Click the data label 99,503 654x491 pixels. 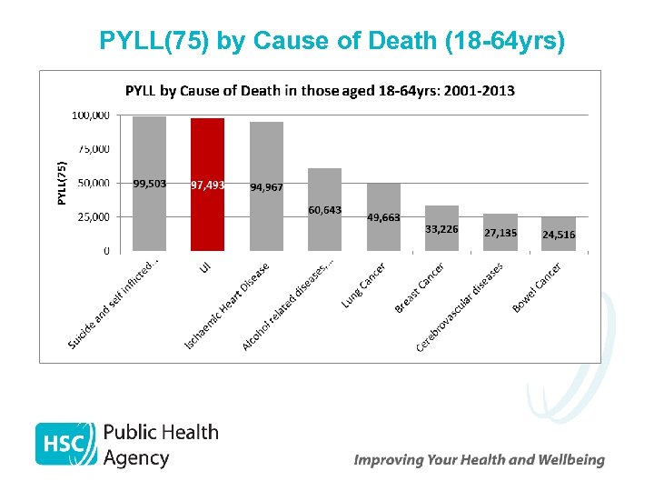click(x=150, y=184)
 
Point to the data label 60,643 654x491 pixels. click(x=325, y=210)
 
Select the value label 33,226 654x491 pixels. click(x=441, y=229)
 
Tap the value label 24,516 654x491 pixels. click(x=559, y=235)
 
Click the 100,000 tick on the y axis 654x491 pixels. click(x=91, y=115)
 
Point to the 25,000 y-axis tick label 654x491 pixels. click(x=93, y=217)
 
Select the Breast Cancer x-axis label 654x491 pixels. click(x=420, y=289)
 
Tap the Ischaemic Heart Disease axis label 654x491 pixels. click(x=228, y=306)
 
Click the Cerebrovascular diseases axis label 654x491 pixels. click(x=460, y=307)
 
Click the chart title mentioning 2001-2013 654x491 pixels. click(x=320, y=91)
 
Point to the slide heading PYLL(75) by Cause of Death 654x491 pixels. click(x=332, y=41)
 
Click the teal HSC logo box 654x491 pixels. click(x=65, y=444)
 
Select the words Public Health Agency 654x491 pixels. click(x=161, y=445)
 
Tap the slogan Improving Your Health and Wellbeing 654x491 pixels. click(x=479, y=460)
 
